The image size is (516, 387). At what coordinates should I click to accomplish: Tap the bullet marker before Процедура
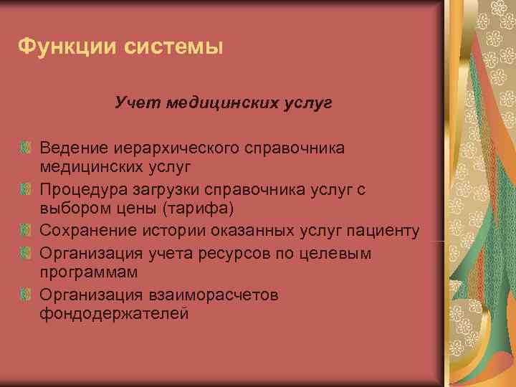point(26,189)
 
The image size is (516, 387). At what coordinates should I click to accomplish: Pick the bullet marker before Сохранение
point(26,231)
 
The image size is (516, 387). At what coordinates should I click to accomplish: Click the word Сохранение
point(85,231)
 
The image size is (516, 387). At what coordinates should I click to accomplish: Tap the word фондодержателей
point(114,314)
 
